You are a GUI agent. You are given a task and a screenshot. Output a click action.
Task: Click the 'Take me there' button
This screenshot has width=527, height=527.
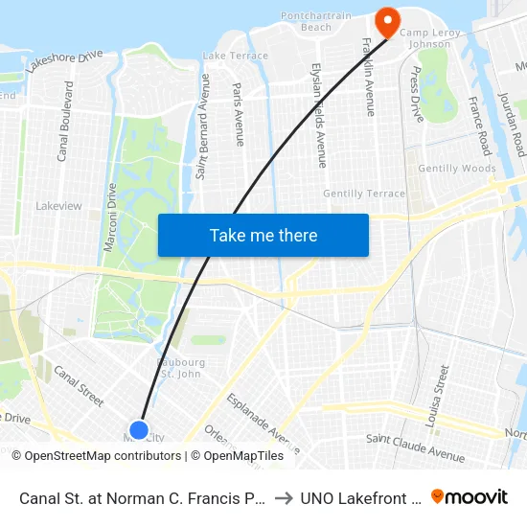pos(263,235)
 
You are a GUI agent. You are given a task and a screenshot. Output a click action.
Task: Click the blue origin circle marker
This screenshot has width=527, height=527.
pos(139,429)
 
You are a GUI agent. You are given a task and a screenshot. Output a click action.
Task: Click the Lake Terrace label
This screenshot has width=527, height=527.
pos(236,57)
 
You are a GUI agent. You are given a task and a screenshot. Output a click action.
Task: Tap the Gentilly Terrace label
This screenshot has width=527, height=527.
pos(364,194)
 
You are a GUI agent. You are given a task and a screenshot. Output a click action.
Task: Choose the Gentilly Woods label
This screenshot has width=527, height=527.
pos(457,169)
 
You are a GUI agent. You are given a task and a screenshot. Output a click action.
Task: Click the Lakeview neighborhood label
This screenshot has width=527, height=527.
pos(58,206)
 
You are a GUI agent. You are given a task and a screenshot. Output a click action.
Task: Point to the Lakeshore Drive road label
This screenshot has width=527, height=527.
pos(65,63)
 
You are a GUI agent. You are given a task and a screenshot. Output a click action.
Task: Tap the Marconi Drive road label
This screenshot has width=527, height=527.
pos(109,217)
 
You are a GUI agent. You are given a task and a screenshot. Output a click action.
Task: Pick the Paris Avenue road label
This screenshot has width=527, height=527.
pos(239,112)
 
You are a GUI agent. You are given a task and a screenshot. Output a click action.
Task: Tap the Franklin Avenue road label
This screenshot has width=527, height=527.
pos(369,78)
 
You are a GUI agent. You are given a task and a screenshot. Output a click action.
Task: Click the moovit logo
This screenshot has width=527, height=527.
pos(470,496)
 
